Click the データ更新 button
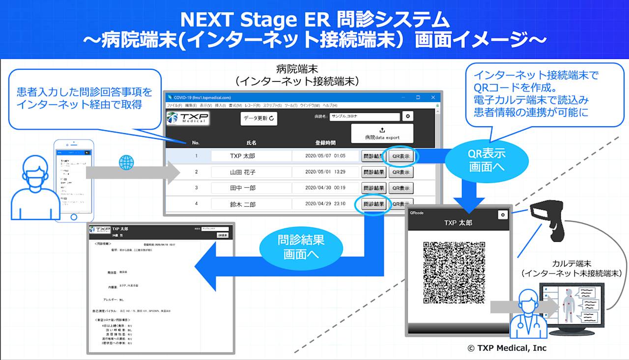[258, 119]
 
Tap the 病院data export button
[382, 134]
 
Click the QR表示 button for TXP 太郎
[401, 157]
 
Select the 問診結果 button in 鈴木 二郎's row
[373, 204]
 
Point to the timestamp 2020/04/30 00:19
[325, 188]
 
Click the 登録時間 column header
[325, 143]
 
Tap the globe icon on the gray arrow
[126, 163]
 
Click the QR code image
[454, 272]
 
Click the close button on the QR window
[502, 215]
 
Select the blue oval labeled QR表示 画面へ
[486, 160]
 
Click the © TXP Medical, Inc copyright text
[506, 348]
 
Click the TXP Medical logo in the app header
[187, 118]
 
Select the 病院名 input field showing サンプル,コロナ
[364, 117]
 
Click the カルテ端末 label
[572, 263]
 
